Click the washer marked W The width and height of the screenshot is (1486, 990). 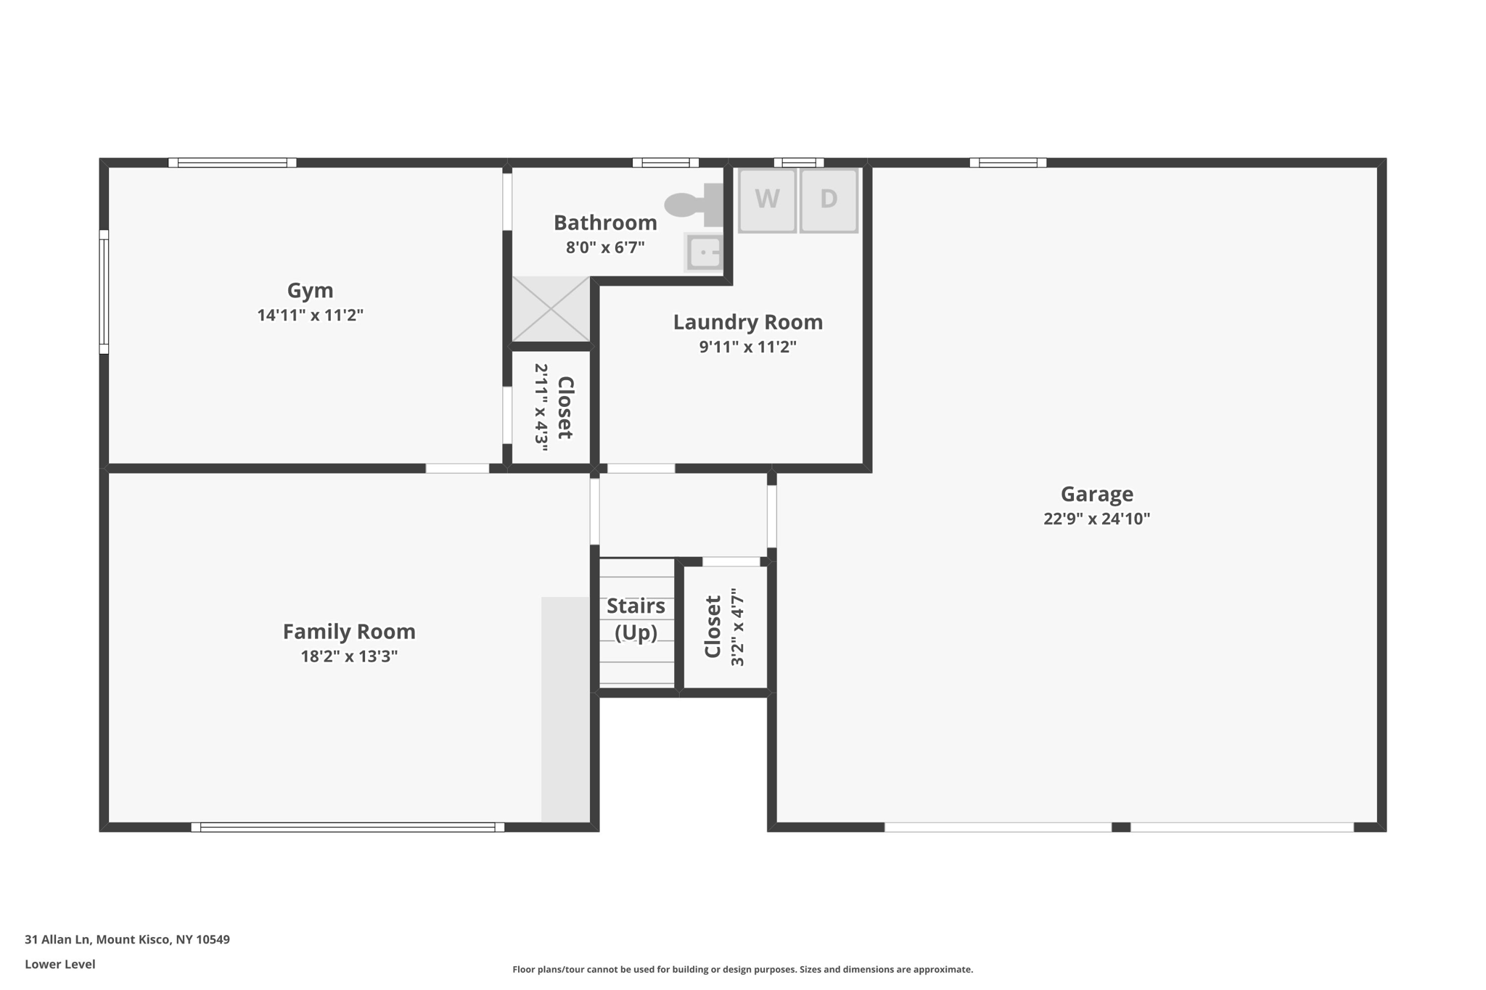[767, 199]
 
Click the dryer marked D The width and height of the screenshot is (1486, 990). [829, 199]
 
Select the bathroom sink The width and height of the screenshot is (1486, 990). [704, 252]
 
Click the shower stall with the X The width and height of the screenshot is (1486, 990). [551, 309]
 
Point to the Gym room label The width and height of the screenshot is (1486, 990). [310, 290]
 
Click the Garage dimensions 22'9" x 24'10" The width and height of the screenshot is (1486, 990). [1096, 519]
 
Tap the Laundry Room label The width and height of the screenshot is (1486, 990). [747, 322]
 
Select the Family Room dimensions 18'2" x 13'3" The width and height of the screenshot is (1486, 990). [349, 656]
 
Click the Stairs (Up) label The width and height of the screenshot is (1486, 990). [636, 619]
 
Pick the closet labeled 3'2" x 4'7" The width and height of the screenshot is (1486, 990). [725, 627]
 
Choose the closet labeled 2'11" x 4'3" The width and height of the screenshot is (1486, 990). [552, 408]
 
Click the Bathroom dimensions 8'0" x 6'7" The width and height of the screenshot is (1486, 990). [605, 247]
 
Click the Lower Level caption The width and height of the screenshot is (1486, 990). [60, 964]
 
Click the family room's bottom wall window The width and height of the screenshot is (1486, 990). [348, 827]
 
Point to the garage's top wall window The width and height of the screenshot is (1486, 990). [1008, 162]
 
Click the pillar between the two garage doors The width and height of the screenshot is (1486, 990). [1120, 827]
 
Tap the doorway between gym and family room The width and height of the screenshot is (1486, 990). [457, 469]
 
